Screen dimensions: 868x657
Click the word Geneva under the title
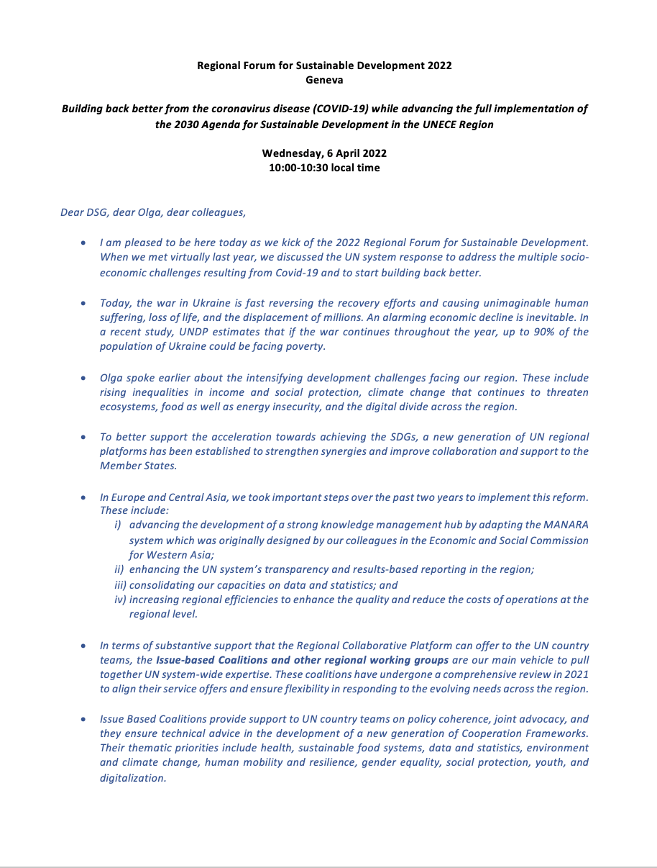(324, 80)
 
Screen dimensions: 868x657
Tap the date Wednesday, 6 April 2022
(324, 153)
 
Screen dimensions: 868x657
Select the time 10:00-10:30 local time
(324, 168)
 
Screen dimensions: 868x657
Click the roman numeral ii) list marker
(120, 569)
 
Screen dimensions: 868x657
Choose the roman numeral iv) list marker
(121, 600)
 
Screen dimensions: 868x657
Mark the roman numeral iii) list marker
(121, 584)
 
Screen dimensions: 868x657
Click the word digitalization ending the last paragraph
(132, 779)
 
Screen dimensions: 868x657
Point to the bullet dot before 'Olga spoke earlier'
(85, 377)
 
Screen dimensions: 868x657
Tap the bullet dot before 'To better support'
(85, 437)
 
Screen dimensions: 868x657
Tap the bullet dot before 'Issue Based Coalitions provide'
(85, 719)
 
